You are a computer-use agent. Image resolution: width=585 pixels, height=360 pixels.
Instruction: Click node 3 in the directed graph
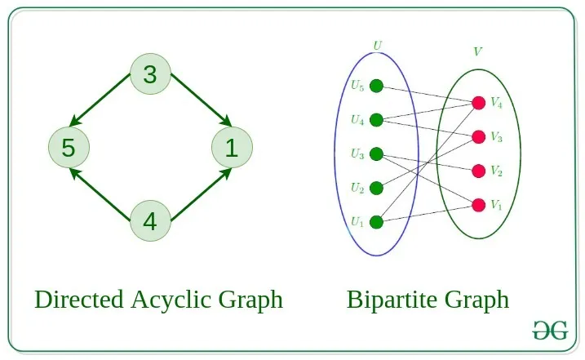coord(150,75)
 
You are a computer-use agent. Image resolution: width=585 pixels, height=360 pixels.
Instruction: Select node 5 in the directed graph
coord(69,148)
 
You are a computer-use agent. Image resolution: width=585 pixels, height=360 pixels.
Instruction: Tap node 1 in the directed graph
coord(232,148)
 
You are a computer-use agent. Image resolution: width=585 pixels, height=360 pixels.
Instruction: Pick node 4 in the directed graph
coord(150,220)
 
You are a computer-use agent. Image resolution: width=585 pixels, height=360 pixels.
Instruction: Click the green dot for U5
coord(376,86)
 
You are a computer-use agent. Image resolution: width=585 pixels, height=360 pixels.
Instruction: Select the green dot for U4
coord(376,120)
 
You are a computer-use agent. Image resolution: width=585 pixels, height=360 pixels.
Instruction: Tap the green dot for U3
coord(376,153)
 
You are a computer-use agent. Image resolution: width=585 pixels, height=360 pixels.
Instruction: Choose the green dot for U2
coord(376,188)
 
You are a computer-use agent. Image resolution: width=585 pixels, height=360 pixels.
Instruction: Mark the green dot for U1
coord(376,221)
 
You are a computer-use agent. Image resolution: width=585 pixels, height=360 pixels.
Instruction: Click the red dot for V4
coord(478,103)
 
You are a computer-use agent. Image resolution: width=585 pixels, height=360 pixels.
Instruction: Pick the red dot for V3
coord(478,137)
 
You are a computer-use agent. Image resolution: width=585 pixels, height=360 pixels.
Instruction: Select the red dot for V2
coord(478,171)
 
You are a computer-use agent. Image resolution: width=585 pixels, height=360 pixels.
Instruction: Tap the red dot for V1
coord(478,204)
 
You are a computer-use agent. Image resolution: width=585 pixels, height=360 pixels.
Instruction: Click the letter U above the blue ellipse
coord(376,45)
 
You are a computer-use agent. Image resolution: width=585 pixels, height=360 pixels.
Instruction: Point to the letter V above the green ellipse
coord(477,52)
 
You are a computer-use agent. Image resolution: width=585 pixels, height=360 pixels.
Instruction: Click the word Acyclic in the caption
coord(171,300)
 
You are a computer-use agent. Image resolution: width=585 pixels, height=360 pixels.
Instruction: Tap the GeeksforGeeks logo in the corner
coord(550,331)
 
